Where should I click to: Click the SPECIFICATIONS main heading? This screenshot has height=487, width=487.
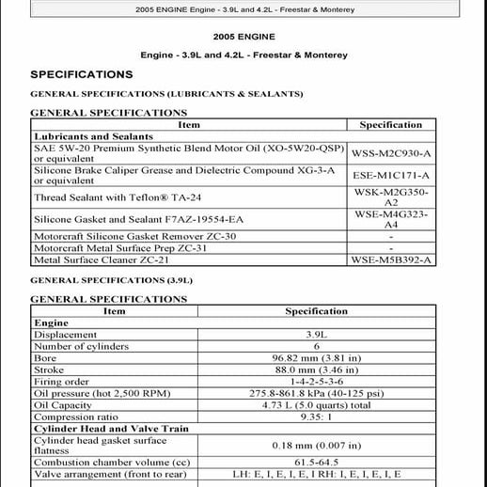coord(81,74)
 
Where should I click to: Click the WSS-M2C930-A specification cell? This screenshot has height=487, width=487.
coord(391,152)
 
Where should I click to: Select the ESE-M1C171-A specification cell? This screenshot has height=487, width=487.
coord(391,175)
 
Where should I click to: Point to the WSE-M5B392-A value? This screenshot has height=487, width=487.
coord(391,259)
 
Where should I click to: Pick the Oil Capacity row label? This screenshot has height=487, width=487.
coord(62,405)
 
